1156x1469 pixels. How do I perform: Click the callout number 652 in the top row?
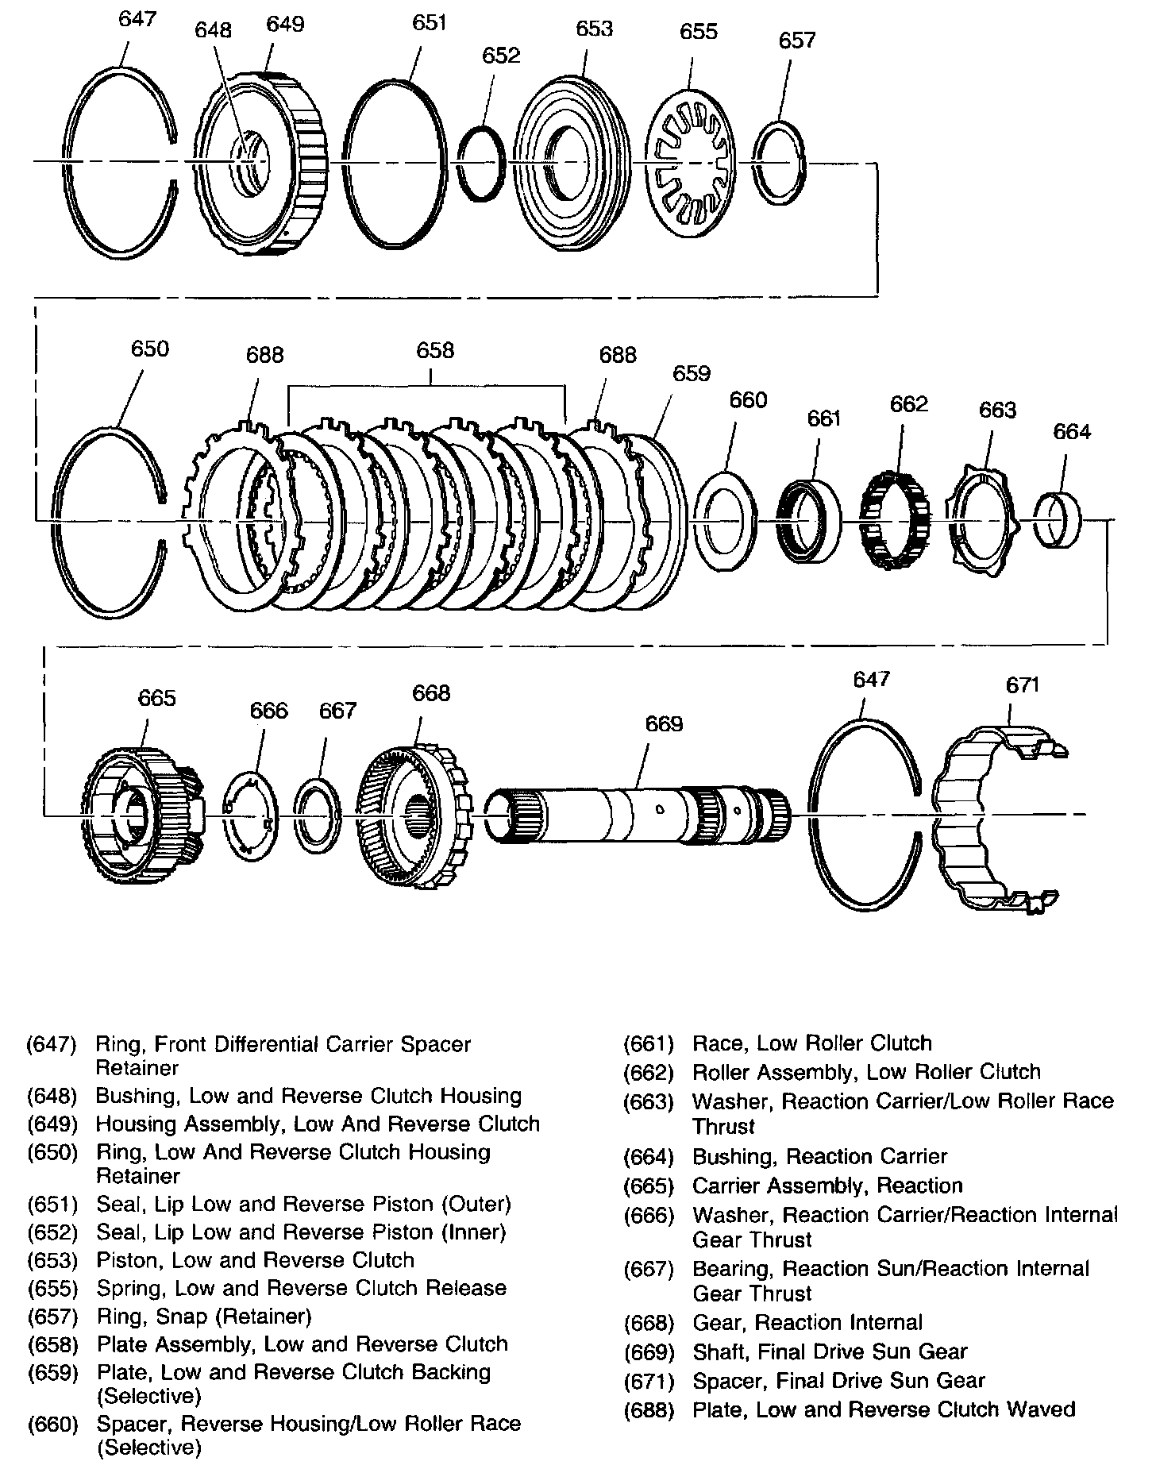pyautogui.click(x=501, y=55)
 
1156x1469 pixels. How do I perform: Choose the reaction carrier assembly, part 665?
pyautogui.click(x=141, y=815)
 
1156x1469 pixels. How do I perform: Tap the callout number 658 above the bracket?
pyautogui.click(x=435, y=350)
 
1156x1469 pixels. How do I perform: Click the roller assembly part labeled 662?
pyautogui.click(x=896, y=519)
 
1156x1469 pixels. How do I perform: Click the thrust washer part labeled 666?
pyautogui.click(x=249, y=816)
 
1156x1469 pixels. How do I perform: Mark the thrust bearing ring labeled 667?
pyautogui.click(x=318, y=815)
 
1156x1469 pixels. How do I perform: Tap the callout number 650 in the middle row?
pyautogui.click(x=149, y=349)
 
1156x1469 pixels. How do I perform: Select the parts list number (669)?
pyautogui.click(x=649, y=1351)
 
